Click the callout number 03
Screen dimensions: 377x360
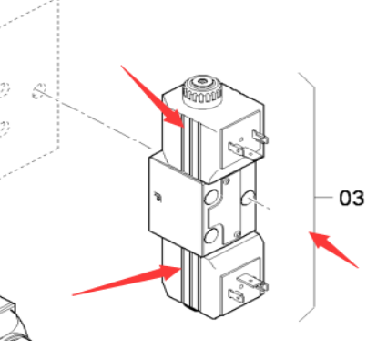(x=352, y=198)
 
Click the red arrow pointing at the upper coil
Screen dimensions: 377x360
(x=153, y=97)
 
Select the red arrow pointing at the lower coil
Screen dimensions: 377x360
(x=127, y=280)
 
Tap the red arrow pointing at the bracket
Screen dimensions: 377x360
(x=333, y=250)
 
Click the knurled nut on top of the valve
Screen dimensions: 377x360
(x=202, y=91)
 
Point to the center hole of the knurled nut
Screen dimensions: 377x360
(x=201, y=81)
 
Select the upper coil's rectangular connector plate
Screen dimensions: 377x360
(x=241, y=139)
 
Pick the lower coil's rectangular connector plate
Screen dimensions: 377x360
(x=241, y=286)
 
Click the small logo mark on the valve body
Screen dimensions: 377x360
(x=158, y=197)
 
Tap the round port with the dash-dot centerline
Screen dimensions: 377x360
(x=248, y=198)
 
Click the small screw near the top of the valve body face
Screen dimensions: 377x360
(x=226, y=181)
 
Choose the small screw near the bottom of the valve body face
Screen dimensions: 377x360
(x=238, y=234)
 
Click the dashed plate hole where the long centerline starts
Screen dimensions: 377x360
(x=39, y=90)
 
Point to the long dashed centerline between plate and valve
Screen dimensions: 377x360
(x=95, y=119)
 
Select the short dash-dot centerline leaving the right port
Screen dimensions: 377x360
(x=259, y=203)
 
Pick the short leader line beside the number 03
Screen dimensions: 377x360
(x=324, y=198)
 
